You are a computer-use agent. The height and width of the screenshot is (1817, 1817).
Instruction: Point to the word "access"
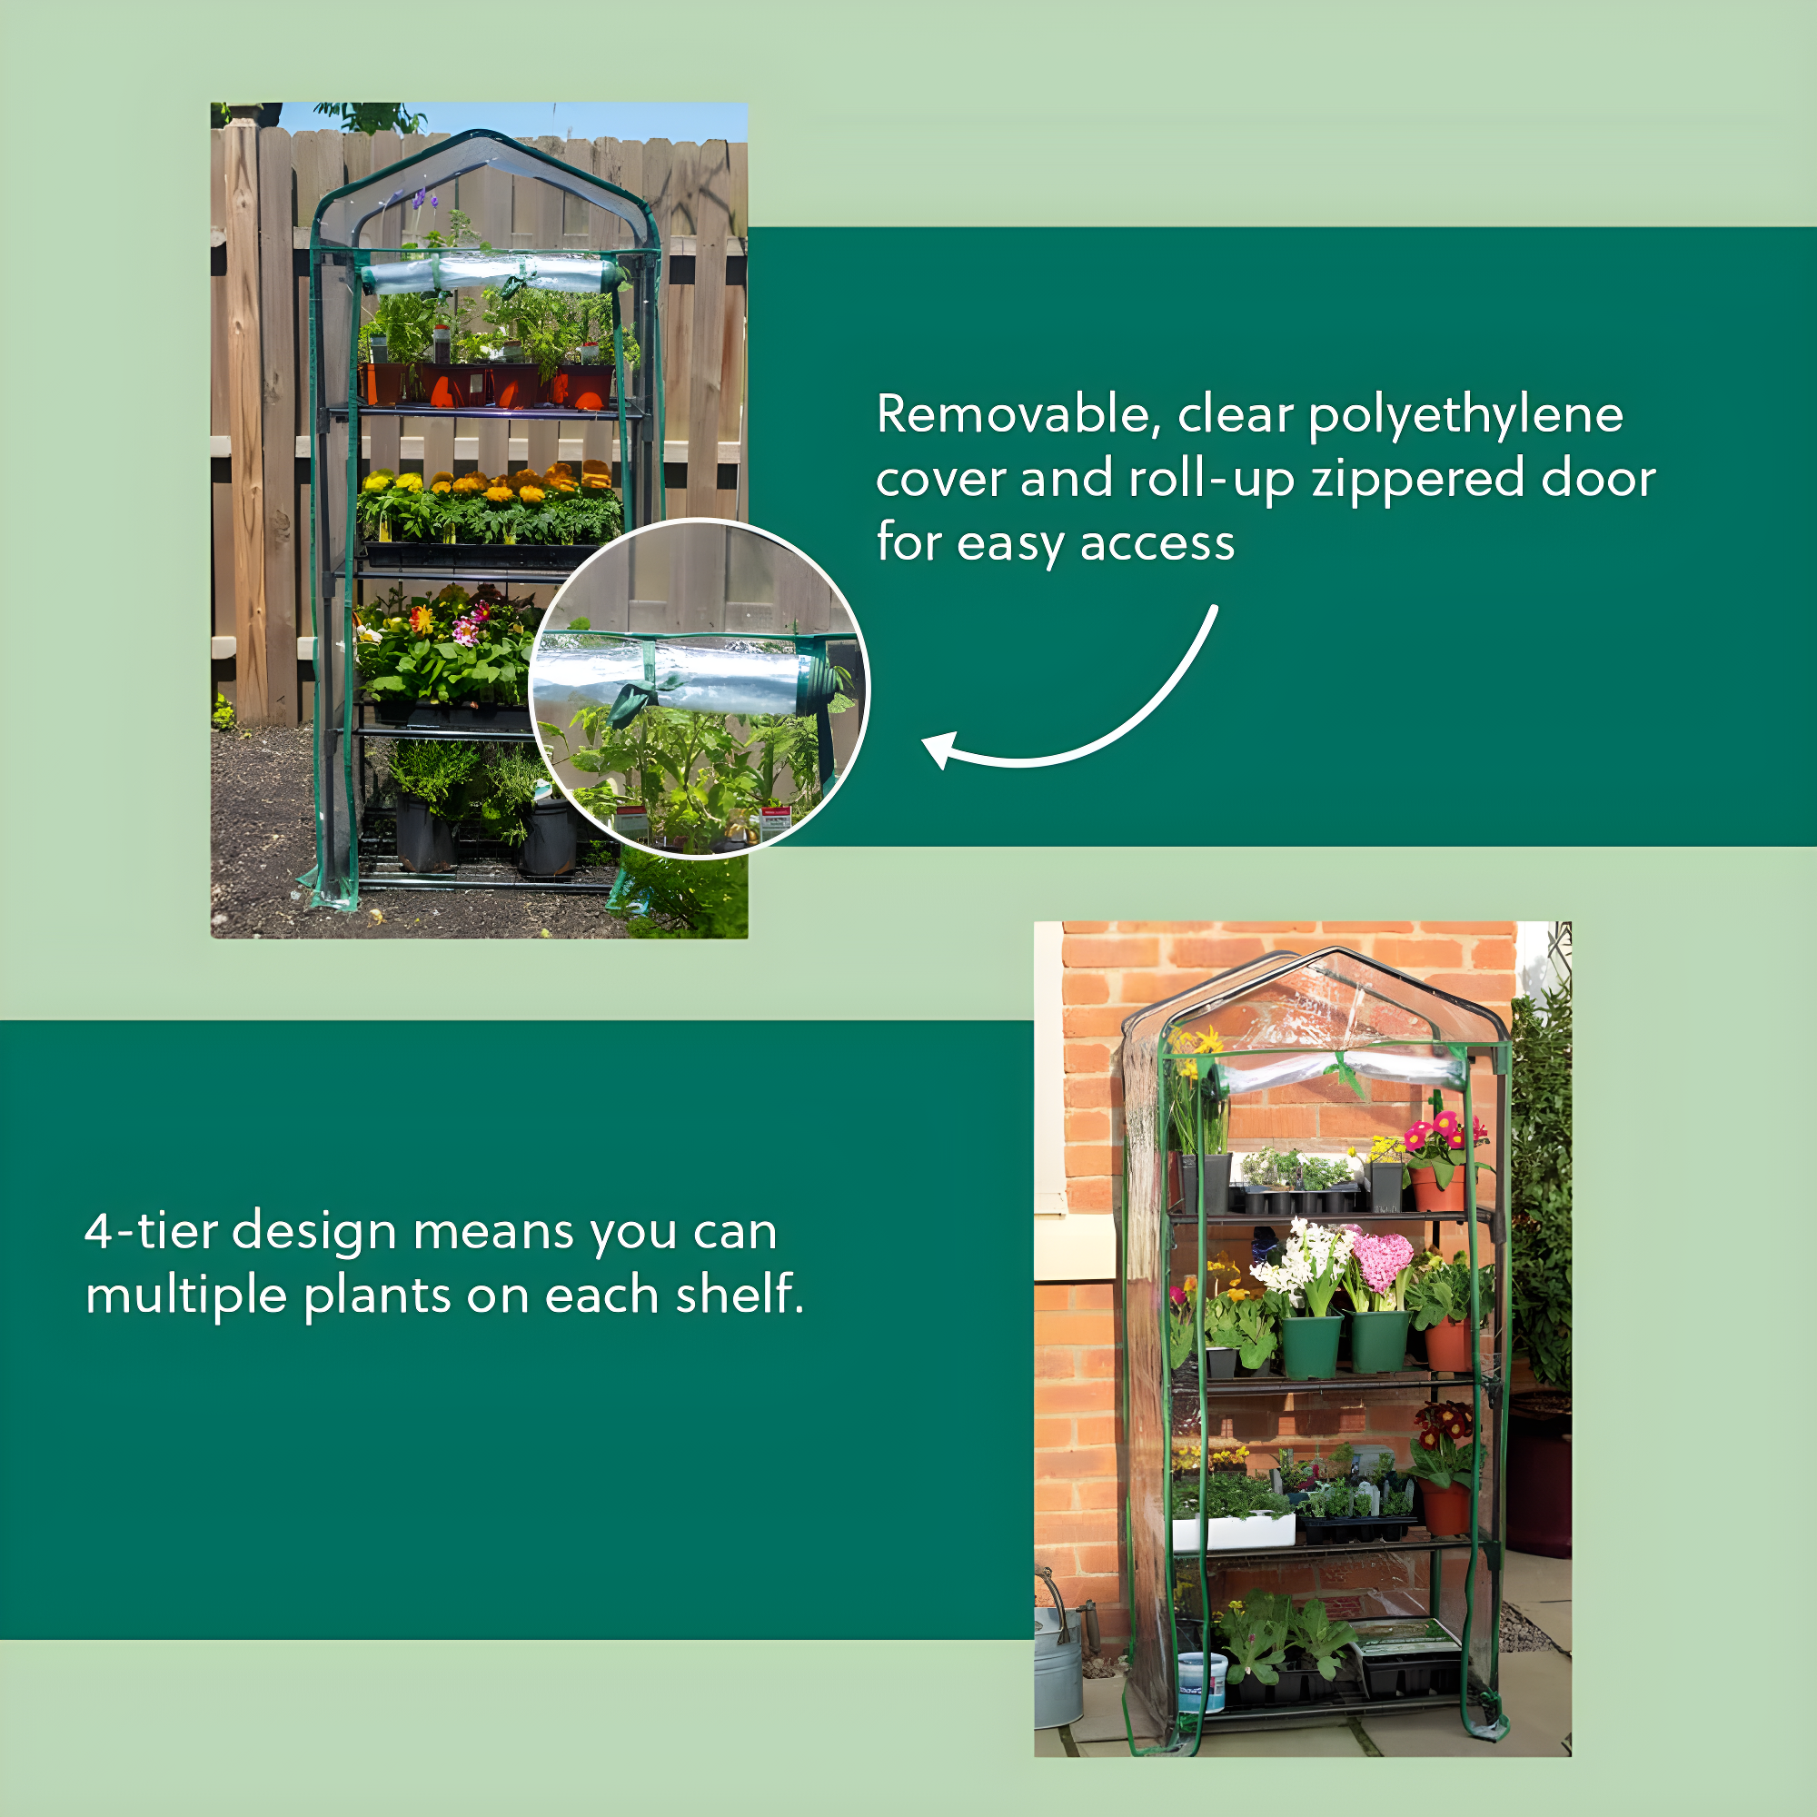[1157, 544]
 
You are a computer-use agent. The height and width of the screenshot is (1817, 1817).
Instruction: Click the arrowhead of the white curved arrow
[941, 750]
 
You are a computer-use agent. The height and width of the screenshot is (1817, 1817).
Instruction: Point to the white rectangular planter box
[1234, 1532]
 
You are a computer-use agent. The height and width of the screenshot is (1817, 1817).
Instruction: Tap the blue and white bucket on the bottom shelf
[1202, 1682]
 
